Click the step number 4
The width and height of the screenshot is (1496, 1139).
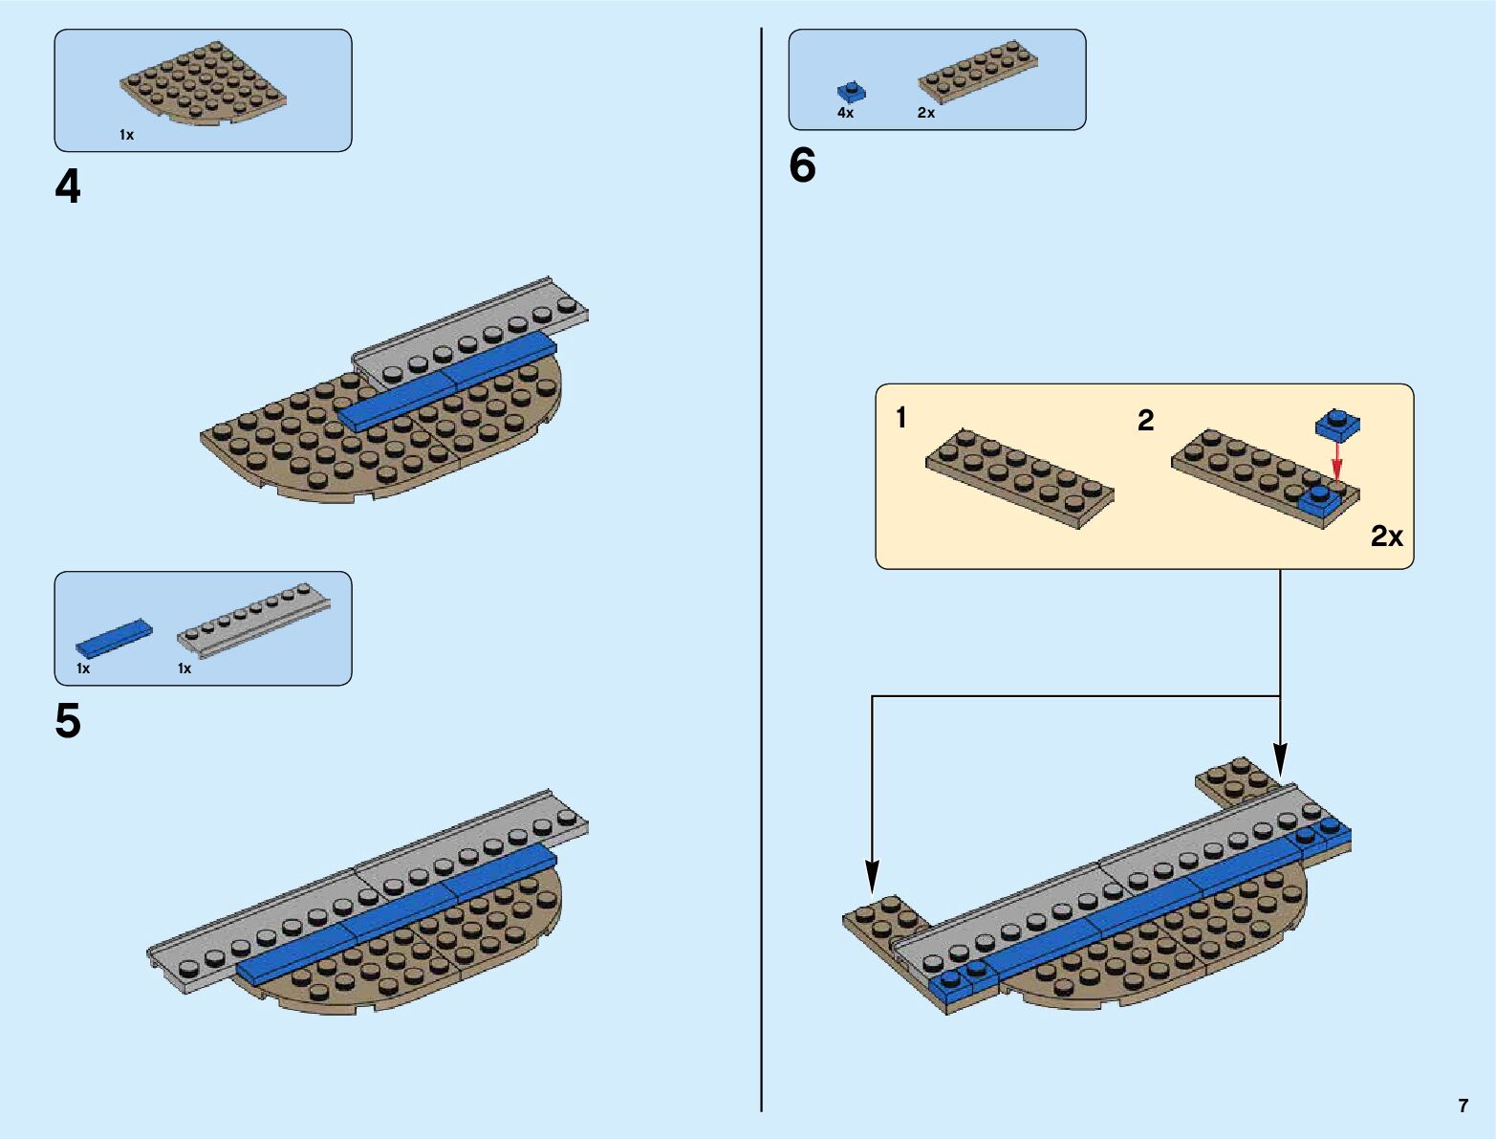point(68,187)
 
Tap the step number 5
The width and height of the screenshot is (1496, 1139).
point(68,721)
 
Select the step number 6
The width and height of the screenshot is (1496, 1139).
point(802,166)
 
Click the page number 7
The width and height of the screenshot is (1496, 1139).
point(1463,1106)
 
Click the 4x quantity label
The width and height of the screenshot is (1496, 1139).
point(845,113)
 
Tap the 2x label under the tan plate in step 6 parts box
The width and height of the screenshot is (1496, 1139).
point(925,113)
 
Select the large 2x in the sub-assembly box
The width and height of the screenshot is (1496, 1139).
point(1386,537)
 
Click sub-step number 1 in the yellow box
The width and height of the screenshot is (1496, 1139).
point(901,418)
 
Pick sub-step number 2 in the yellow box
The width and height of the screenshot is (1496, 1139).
point(1145,420)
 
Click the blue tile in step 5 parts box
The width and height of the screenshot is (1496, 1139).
point(114,637)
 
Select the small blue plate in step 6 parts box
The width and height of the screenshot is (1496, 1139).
point(851,92)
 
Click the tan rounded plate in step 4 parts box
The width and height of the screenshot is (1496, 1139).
point(203,83)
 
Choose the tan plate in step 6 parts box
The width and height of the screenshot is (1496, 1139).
point(978,71)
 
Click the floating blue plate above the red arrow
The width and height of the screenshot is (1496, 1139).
point(1337,423)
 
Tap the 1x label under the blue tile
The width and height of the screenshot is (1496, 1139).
point(83,668)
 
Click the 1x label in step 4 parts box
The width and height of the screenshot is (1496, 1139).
point(126,135)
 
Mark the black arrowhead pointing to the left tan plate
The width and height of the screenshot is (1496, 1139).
point(872,877)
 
